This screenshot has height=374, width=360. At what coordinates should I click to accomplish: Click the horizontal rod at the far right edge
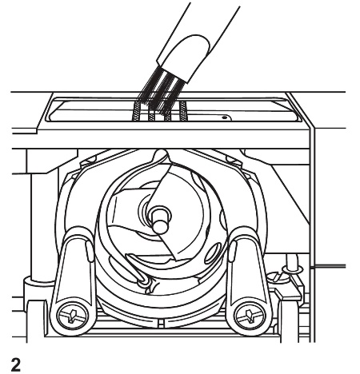336,265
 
